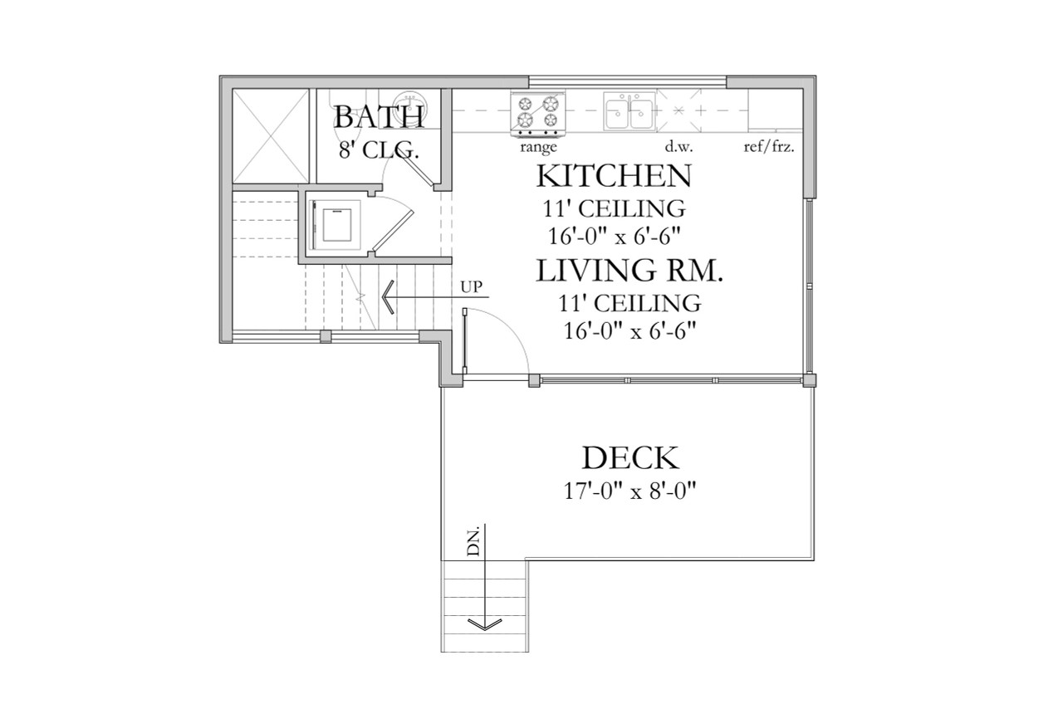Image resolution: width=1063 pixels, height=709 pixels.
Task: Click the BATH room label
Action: click(379, 117)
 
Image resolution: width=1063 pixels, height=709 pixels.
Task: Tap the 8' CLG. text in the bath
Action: click(378, 150)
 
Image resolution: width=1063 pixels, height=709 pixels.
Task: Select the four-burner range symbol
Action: click(537, 114)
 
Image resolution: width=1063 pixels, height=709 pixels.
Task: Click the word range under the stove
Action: click(537, 148)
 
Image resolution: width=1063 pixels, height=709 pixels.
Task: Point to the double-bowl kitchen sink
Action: click(629, 113)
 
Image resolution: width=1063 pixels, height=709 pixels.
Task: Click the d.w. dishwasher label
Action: click(678, 148)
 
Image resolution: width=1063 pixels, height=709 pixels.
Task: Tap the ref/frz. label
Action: click(770, 148)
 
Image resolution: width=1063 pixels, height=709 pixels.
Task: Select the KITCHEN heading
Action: click(614, 177)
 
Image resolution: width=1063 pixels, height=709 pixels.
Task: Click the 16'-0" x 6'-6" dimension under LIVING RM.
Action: click(628, 330)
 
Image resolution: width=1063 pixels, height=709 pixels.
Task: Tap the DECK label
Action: click(630, 458)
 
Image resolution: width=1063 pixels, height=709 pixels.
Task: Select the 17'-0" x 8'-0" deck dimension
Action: click(629, 491)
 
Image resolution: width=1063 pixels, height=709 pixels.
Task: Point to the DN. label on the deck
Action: click(473, 543)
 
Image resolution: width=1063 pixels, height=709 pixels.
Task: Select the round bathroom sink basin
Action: click(408, 101)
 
